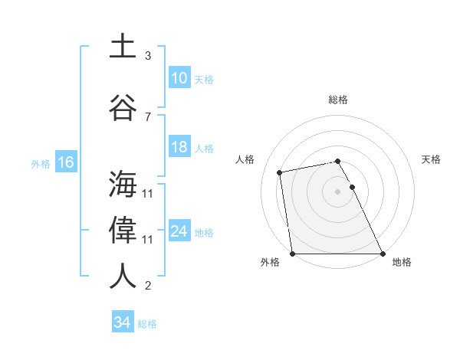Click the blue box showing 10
179,78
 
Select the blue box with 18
179,147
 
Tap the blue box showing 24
179,231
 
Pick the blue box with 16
65,162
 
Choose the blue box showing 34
122,322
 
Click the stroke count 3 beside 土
148,56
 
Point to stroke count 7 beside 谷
148,116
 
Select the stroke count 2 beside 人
148,286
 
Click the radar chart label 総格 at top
338,100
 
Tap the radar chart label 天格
432,159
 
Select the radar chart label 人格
245,159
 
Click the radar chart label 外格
270,262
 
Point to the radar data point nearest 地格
383,254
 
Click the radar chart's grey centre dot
338,191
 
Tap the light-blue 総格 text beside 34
147,324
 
